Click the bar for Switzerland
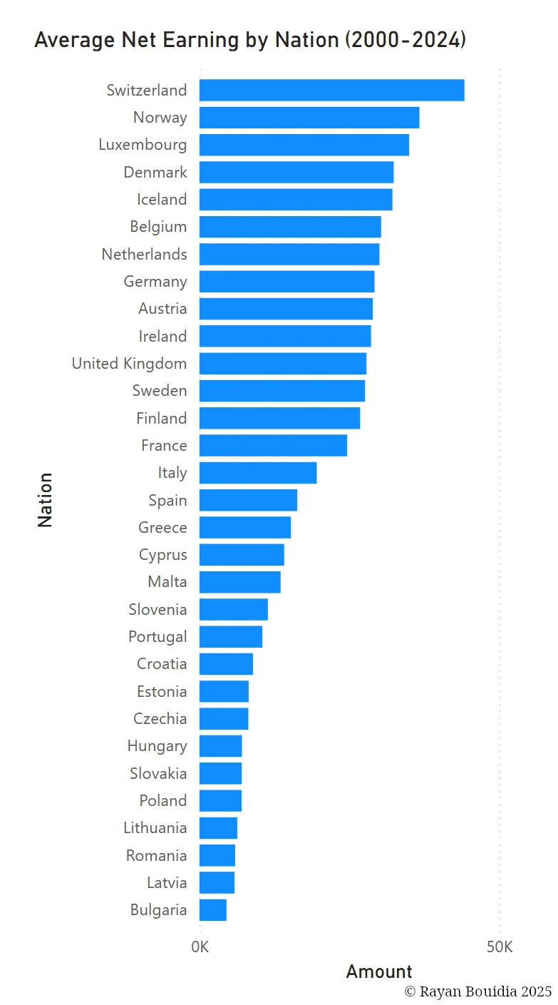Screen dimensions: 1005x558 pos(331,91)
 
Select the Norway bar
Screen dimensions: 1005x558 pos(309,118)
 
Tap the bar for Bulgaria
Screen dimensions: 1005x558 pos(213,910)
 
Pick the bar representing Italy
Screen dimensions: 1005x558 pos(257,473)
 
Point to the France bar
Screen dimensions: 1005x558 pos(273,446)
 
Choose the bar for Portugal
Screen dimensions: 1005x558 pos(231,637)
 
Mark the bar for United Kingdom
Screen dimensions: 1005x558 pos(282,364)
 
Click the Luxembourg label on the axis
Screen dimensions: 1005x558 pos(143,145)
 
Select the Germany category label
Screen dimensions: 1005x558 pos(155,282)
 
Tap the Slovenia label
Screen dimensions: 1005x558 pos(157,610)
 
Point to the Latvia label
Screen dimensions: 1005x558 pos(167,883)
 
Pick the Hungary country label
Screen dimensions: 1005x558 pos(157,746)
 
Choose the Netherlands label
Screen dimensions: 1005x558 pos(144,255)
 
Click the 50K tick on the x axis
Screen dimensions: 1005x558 pos(500,947)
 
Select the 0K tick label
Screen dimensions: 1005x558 pos(200,947)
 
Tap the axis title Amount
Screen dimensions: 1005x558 pos(379,971)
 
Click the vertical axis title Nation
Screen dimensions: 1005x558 pos(45,499)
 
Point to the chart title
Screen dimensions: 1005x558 pos(250,40)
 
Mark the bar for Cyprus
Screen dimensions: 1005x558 pos(242,555)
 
